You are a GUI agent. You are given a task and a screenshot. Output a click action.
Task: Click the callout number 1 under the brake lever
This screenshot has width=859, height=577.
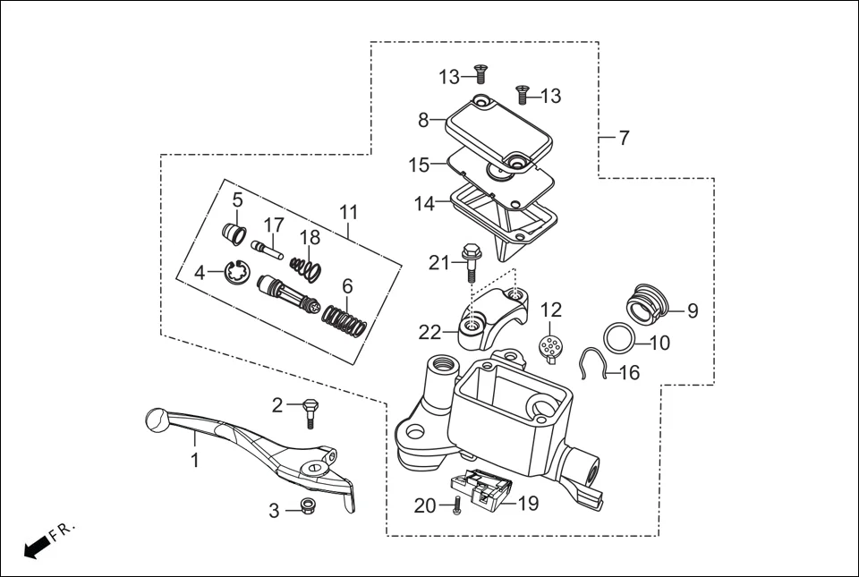click(194, 460)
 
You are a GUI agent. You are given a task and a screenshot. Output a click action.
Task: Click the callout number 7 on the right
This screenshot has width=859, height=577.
click(624, 138)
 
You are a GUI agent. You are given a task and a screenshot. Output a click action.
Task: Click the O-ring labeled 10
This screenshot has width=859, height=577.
click(619, 338)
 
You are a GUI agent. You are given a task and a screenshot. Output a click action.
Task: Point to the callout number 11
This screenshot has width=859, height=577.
click(348, 212)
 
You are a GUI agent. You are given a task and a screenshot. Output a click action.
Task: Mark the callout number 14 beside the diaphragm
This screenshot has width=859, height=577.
click(424, 204)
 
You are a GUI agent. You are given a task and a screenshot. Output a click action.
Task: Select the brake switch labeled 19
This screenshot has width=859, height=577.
click(488, 492)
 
